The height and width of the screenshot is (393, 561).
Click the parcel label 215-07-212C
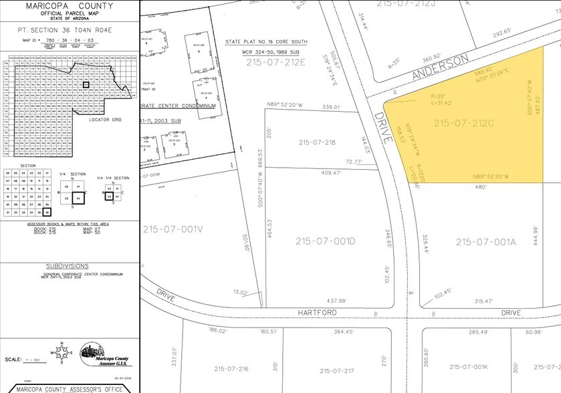(463, 123)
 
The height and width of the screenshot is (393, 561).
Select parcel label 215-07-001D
(326, 240)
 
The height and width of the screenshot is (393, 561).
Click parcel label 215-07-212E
(275, 62)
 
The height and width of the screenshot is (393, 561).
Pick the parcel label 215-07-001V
(172, 229)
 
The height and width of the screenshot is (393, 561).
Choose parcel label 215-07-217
(342, 371)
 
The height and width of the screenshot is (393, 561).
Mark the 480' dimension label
(481, 186)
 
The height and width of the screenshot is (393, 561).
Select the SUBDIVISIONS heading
(69, 265)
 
